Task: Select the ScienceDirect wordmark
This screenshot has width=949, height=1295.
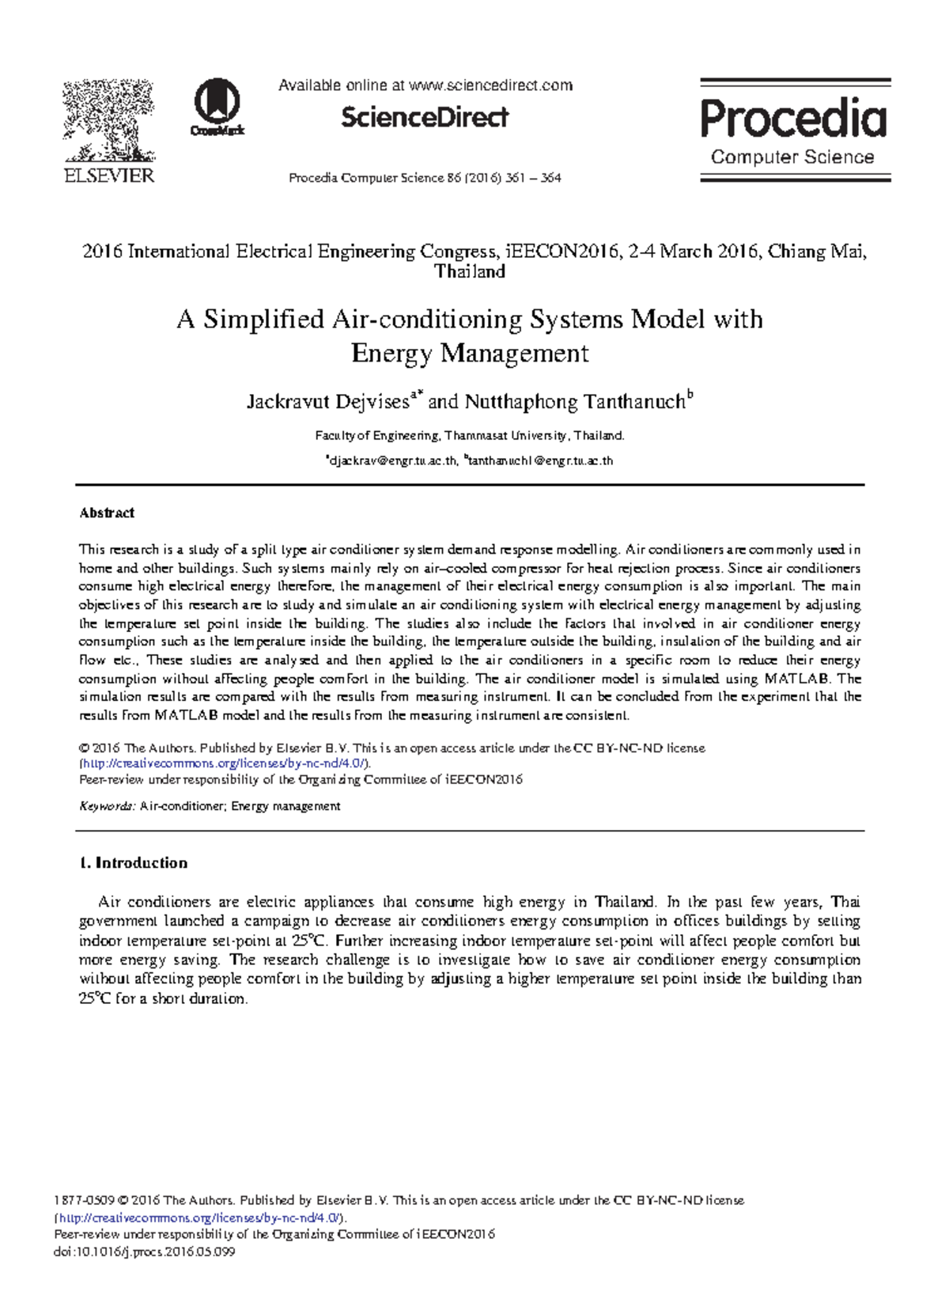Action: pyautogui.click(x=425, y=118)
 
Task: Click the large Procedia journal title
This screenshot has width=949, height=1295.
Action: pyautogui.click(x=793, y=119)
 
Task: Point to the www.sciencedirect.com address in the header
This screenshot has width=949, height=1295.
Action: pyautogui.click(x=490, y=85)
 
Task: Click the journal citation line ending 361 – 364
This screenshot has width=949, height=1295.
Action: pyautogui.click(x=425, y=178)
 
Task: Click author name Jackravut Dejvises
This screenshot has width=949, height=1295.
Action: pyautogui.click(x=327, y=402)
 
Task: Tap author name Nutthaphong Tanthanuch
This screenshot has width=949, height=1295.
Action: pyautogui.click(x=574, y=402)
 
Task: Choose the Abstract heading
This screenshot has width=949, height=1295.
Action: pyautogui.click(x=107, y=513)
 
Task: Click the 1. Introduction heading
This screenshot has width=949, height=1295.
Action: pyautogui.click(x=134, y=863)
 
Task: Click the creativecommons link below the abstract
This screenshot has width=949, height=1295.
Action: pyautogui.click(x=224, y=763)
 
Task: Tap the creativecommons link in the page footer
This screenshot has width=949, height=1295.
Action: pyautogui.click(x=198, y=1217)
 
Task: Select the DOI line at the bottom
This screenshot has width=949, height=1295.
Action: pyautogui.click(x=144, y=1252)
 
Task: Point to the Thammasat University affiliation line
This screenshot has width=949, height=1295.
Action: pyautogui.click(x=470, y=436)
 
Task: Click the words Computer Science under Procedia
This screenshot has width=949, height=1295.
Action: pyautogui.click(x=792, y=157)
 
